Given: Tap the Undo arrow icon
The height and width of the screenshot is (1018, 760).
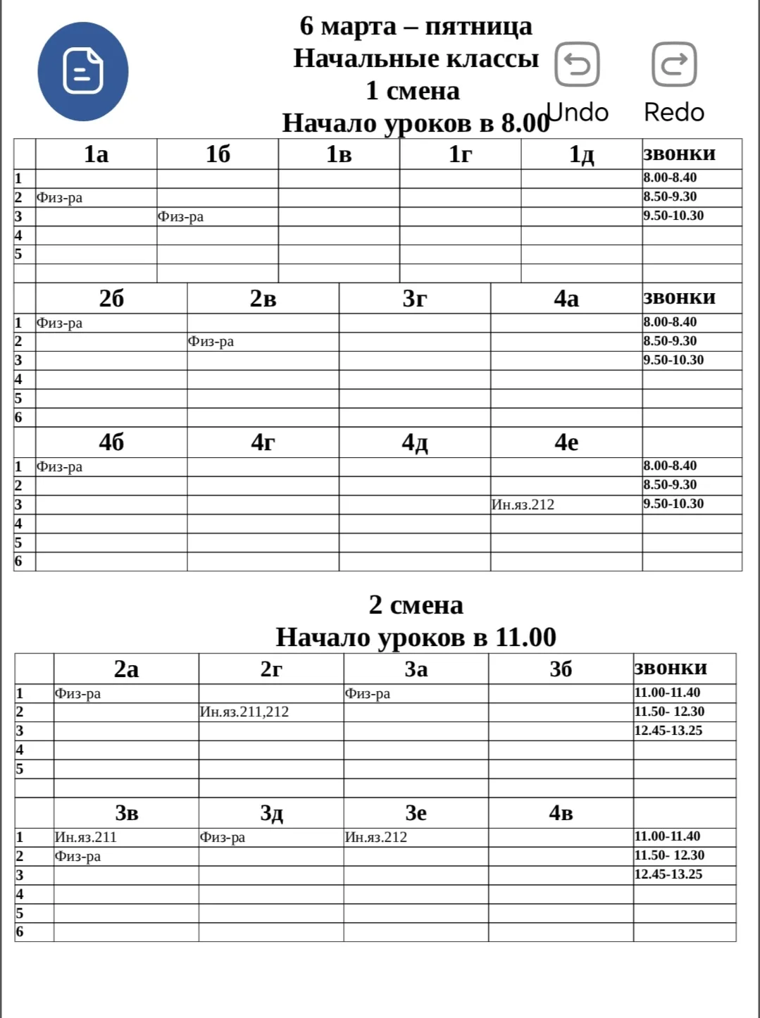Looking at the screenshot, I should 577,64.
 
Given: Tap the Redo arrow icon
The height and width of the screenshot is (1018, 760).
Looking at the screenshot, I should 674,64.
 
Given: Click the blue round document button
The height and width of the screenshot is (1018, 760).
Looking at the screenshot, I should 83,71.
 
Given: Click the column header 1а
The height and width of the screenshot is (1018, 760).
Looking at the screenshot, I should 96,154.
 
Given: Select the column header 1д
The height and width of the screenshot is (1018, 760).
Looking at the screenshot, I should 581,154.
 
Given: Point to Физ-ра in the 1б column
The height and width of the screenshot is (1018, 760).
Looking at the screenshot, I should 180,216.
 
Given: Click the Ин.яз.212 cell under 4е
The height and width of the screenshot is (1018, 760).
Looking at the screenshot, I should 523,504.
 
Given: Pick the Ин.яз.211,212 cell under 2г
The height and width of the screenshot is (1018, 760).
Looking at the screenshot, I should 244,712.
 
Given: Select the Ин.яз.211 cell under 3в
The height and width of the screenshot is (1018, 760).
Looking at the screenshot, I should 85,837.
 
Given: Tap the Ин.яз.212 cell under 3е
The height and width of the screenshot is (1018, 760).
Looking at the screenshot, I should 375,837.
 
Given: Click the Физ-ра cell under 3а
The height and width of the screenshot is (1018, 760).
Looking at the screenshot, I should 367,693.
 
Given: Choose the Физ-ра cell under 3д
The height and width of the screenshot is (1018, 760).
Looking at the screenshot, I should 222,837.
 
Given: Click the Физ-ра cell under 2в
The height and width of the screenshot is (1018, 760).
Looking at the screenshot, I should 211,342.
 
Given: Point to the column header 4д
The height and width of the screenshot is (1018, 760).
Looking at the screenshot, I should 414,442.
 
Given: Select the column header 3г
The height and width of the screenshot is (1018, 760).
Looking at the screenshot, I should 414,299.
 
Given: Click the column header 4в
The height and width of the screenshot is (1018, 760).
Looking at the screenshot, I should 561,813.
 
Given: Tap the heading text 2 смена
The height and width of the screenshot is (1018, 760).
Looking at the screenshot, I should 416,605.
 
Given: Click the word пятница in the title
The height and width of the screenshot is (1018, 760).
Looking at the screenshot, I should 478,26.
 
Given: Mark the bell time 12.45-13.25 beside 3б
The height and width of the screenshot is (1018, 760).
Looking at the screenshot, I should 668,731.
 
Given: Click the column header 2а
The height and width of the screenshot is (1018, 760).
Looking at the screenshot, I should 126,669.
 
